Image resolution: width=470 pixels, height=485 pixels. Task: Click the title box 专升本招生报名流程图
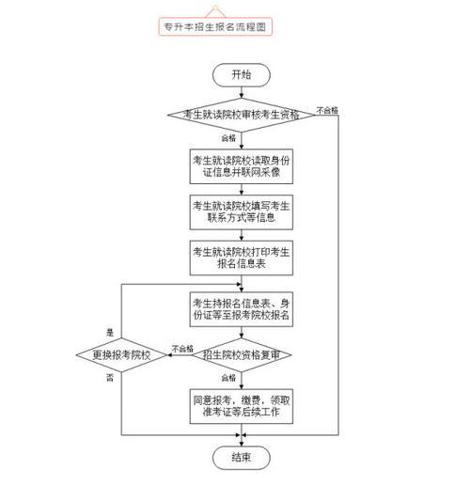tap(215, 26)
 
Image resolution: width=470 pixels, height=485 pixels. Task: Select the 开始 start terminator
tap(242, 75)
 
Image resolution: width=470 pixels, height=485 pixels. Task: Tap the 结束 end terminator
tap(242, 458)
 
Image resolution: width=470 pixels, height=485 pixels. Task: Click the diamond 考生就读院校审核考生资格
tap(241, 115)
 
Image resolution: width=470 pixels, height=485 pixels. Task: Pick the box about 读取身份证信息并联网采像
tap(242, 166)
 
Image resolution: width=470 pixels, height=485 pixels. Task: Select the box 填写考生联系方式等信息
tap(242, 212)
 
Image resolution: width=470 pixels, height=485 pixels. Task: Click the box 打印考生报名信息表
tap(242, 258)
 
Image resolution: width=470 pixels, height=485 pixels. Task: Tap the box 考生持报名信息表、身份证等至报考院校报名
tap(242, 309)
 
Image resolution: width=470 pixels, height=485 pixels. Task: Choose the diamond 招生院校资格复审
tap(242, 355)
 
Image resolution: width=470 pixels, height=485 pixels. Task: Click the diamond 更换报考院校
tap(121, 355)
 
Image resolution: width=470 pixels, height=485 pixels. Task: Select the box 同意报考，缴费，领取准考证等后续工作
tap(242, 406)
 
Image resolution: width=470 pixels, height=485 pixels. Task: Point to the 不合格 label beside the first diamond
tap(327, 110)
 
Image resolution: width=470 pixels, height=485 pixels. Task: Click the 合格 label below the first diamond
tap(228, 138)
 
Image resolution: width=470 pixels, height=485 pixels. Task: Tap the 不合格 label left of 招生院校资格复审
tap(182, 349)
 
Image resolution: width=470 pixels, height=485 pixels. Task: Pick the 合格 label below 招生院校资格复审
tap(228, 378)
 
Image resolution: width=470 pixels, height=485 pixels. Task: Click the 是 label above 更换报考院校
tap(110, 333)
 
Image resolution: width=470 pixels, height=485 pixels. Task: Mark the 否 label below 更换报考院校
tap(110, 378)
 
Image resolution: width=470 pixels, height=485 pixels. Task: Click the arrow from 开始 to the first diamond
tap(242, 92)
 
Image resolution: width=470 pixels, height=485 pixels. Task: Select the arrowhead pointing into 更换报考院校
tap(169, 355)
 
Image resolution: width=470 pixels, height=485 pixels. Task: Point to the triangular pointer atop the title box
tap(215, 12)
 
